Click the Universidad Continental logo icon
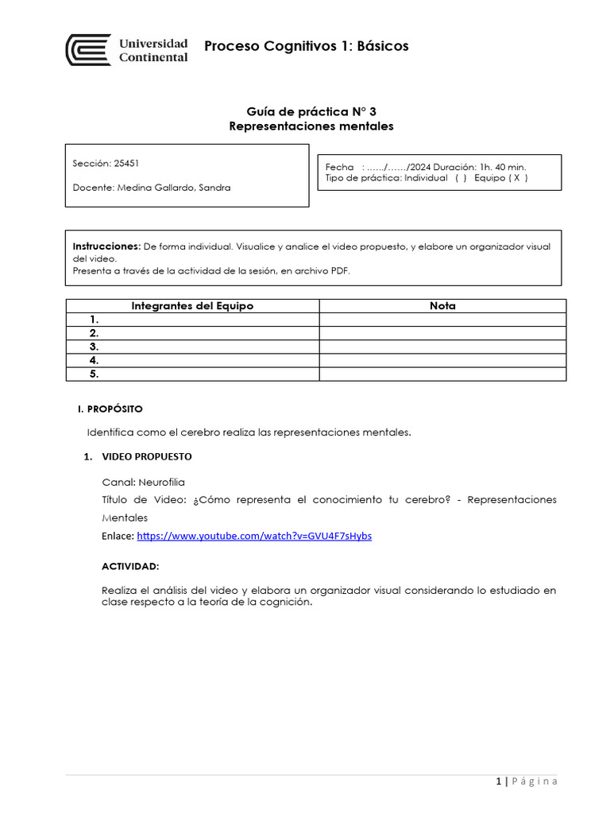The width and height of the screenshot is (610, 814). click(88, 49)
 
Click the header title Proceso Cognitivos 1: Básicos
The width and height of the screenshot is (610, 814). click(306, 46)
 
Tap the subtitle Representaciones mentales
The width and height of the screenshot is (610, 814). click(311, 126)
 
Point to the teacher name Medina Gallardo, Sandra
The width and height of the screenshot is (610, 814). click(174, 188)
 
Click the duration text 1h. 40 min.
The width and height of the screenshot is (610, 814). click(501, 167)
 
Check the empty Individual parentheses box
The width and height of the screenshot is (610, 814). click(461, 178)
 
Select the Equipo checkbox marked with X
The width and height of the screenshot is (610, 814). click(516, 178)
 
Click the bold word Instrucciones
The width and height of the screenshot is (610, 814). click(106, 246)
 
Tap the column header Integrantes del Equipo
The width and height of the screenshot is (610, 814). click(192, 306)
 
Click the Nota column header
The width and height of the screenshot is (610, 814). click(442, 306)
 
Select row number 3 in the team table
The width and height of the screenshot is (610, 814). click(94, 347)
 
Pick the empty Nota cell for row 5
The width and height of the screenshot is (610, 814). click(442, 374)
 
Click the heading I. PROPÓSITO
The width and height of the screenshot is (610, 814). click(110, 409)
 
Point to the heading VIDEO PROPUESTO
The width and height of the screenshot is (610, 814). click(146, 457)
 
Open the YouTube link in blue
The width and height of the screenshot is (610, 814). click(254, 536)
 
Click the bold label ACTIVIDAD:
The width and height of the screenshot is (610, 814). click(130, 566)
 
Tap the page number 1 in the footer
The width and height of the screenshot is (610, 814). click(497, 781)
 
